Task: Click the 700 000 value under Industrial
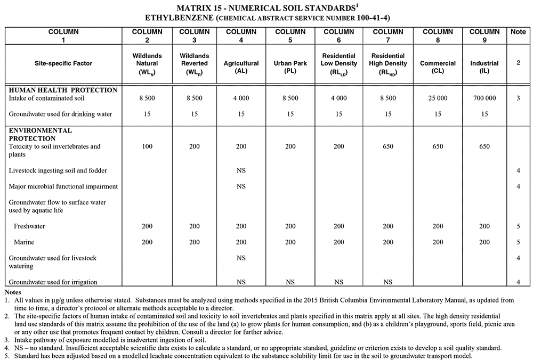(x=484, y=99)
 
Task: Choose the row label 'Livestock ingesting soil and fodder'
(x=58, y=170)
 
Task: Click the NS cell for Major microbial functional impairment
(x=241, y=186)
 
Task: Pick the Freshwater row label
(x=30, y=226)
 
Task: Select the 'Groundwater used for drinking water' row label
(x=61, y=114)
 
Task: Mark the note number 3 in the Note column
(x=518, y=99)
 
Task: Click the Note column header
(x=518, y=32)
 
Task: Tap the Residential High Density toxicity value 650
(x=388, y=146)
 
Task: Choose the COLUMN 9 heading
(x=484, y=36)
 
